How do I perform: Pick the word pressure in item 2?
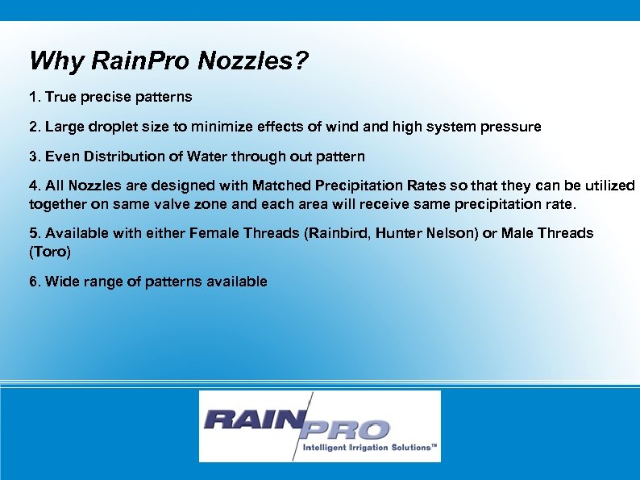[513, 127]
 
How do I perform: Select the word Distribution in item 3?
[119, 156]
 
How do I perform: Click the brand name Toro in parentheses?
[50, 252]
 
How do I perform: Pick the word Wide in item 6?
[62, 282]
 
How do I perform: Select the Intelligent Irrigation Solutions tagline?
[369, 447]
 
